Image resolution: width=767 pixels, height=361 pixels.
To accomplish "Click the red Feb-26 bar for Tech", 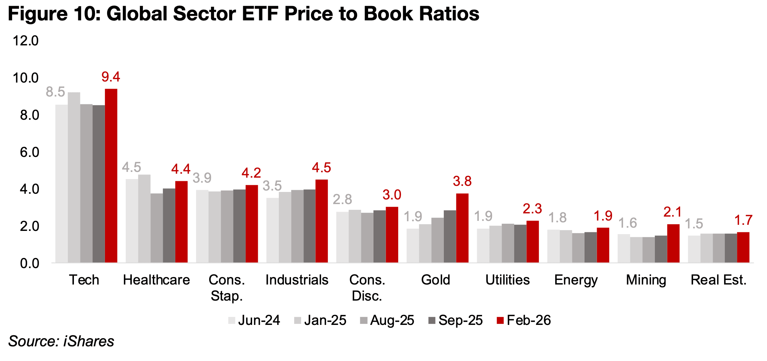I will point(111,176).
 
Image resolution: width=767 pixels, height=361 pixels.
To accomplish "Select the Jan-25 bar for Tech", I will point(74,178).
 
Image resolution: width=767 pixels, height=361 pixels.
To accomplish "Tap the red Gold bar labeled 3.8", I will point(462,228).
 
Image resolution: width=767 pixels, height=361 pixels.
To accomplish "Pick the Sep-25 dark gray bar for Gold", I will point(450,237).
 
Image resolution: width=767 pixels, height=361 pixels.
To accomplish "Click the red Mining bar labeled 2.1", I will point(673,243).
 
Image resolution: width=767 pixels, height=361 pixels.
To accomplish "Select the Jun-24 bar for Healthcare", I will point(132,221).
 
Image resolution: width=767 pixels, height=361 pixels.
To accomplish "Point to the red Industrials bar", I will point(321,221).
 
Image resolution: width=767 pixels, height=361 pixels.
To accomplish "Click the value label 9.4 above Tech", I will point(111,77).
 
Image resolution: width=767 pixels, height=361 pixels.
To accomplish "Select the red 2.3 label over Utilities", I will point(532,209).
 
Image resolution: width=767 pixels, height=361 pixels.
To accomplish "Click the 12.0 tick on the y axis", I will point(25,41).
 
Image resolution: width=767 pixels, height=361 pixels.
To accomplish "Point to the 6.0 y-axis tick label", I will point(29,153).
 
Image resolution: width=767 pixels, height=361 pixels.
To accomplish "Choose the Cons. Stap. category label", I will point(227,287).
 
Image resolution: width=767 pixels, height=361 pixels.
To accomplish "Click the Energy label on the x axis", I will point(576,280).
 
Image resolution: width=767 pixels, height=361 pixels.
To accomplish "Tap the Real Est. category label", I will point(718,280).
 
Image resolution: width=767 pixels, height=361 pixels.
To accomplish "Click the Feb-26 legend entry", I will point(523,320).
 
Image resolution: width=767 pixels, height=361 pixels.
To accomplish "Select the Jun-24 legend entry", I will point(254,320).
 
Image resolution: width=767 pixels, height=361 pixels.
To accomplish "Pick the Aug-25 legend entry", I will point(387,320).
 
